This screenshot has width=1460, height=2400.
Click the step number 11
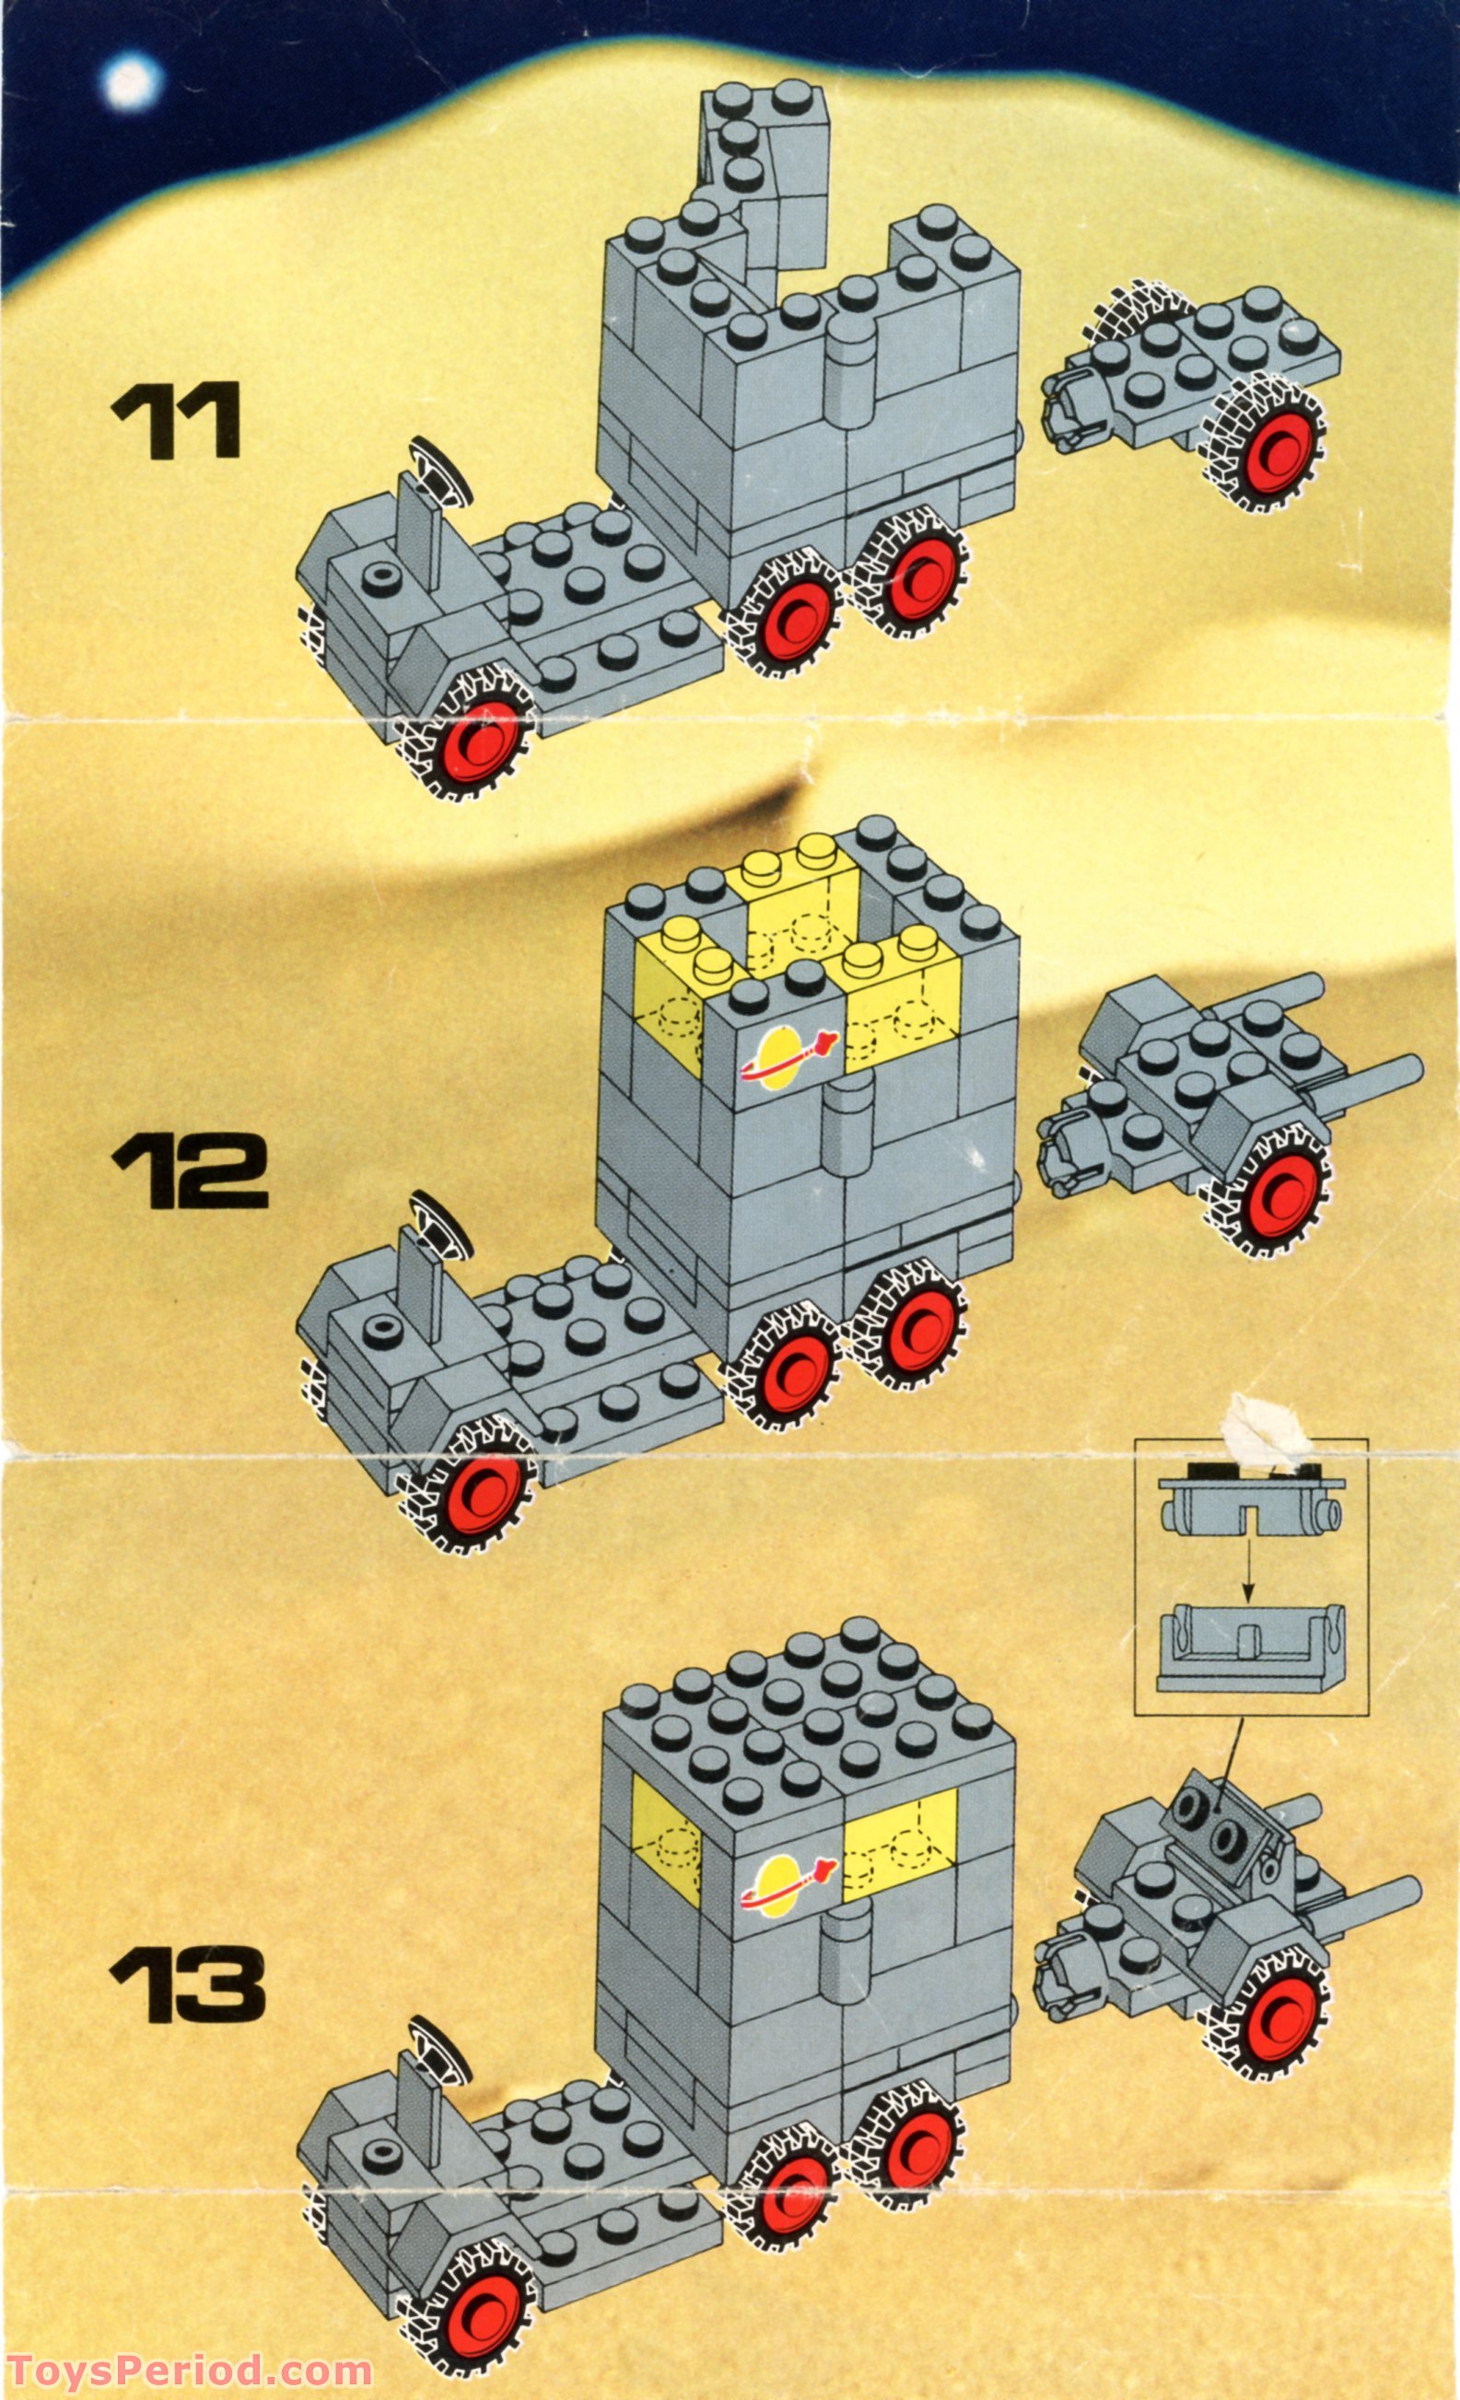[176, 420]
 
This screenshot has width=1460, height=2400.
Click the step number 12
[189, 1173]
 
